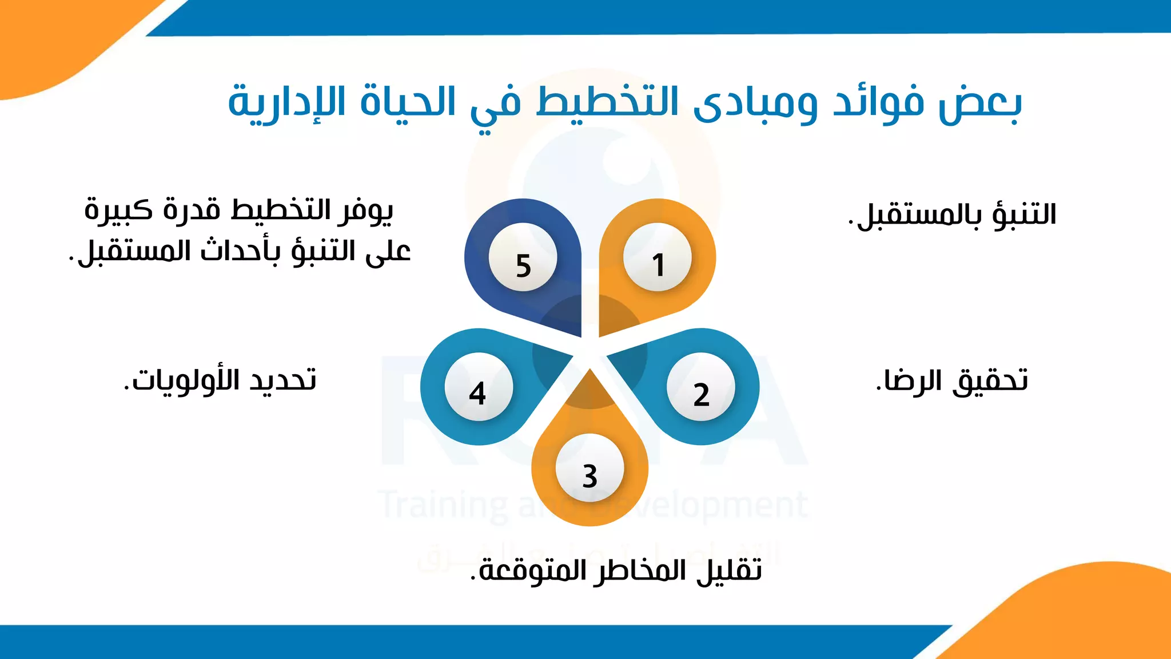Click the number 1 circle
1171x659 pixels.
(x=658, y=257)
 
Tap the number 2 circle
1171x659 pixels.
(x=701, y=387)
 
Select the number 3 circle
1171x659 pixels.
(x=590, y=469)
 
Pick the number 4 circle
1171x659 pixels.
(x=479, y=387)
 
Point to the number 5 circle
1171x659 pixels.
(x=523, y=257)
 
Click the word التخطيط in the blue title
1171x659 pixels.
(x=607, y=102)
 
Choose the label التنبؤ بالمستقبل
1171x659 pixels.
(x=952, y=215)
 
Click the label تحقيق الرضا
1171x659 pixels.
(x=952, y=380)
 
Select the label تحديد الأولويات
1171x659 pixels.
(x=220, y=380)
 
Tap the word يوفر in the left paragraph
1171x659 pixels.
(x=365, y=211)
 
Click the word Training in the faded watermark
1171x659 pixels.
(x=444, y=505)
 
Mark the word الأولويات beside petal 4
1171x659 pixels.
(x=183, y=380)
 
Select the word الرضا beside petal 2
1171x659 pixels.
(x=909, y=380)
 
